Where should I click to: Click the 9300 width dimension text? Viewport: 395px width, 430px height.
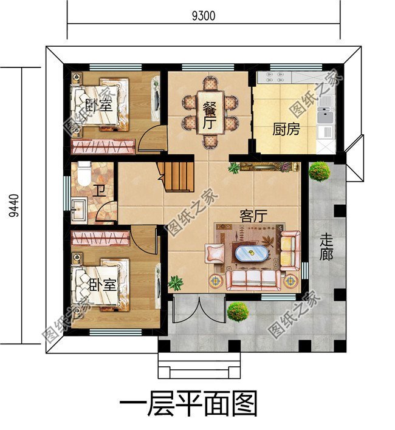(203, 15)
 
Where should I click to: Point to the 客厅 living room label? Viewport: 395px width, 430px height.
(254, 216)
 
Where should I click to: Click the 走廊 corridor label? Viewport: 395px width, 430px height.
(327, 247)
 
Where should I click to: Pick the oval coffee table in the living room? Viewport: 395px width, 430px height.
(250, 253)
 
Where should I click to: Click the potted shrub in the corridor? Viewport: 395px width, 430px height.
(319, 172)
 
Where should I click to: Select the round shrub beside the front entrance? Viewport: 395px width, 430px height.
(238, 312)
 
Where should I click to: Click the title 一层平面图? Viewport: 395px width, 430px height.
(188, 403)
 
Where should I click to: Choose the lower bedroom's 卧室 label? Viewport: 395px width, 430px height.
(102, 285)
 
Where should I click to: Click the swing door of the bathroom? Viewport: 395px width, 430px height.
(105, 214)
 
